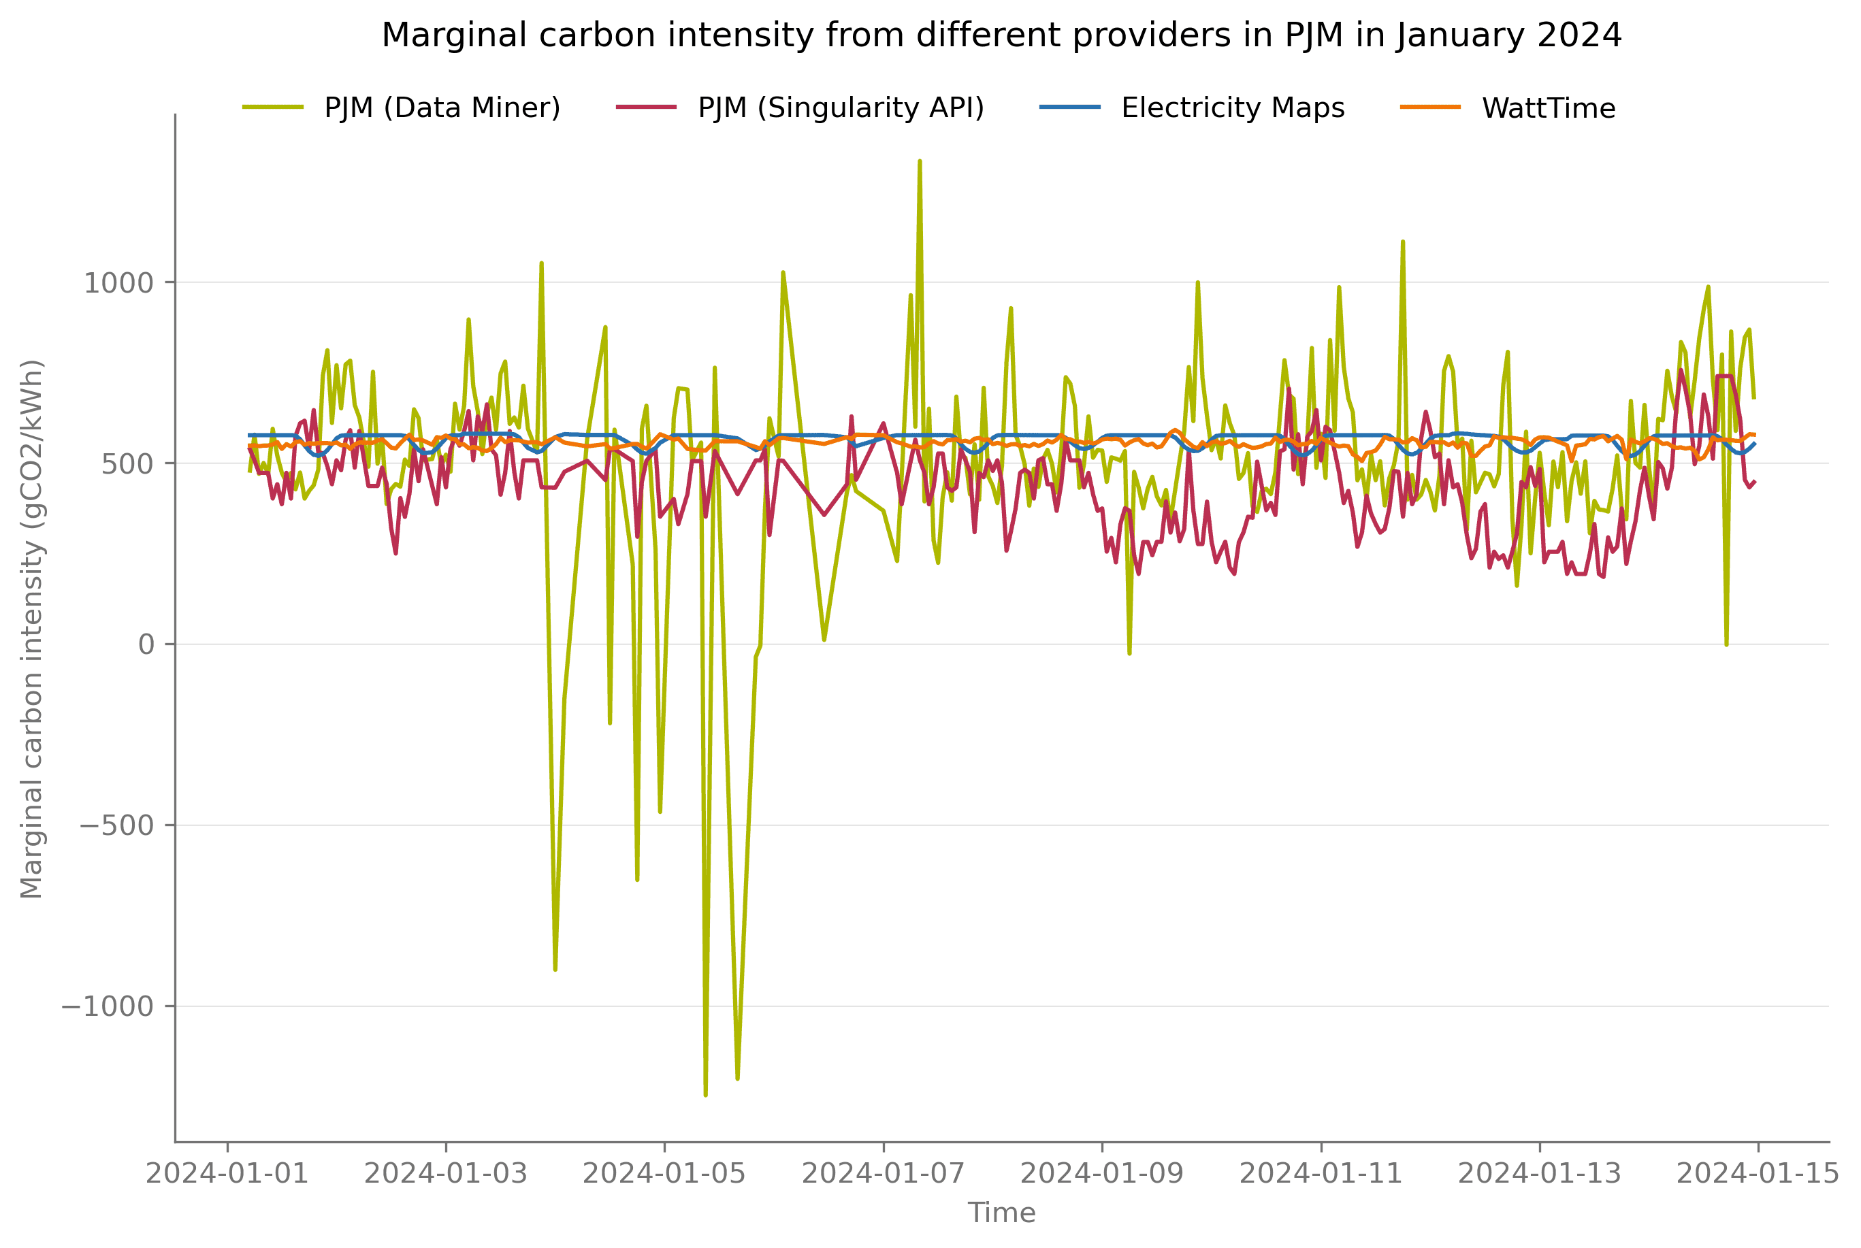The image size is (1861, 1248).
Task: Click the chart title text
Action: click(x=1001, y=36)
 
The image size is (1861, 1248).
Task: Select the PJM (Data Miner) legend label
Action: click(x=442, y=108)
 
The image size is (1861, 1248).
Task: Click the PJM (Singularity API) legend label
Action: click(x=841, y=108)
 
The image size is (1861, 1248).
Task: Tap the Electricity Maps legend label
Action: click(x=1232, y=108)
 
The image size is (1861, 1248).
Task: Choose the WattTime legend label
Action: click(x=1548, y=108)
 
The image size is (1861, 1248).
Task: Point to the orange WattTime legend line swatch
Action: click(x=1430, y=107)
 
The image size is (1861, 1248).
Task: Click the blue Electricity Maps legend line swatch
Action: click(x=1070, y=107)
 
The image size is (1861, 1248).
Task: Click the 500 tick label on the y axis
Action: click(x=127, y=464)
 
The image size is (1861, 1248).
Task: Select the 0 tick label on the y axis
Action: click(x=146, y=644)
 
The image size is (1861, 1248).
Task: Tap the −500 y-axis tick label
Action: click(x=116, y=825)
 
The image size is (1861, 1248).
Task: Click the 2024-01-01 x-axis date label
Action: click(x=227, y=1174)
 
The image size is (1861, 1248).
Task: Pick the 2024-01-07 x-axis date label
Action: click(x=883, y=1174)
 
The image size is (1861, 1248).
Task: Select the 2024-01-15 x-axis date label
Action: click(x=1758, y=1174)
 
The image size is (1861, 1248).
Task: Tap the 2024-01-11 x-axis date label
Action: click(x=1321, y=1174)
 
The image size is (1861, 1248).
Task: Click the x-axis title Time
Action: click(x=1001, y=1213)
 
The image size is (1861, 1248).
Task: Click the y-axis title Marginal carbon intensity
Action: click(x=32, y=629)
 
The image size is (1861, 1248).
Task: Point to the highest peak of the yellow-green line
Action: click(x=920, y=161)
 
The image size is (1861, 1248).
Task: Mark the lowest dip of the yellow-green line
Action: click(x=705, y=1094)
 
